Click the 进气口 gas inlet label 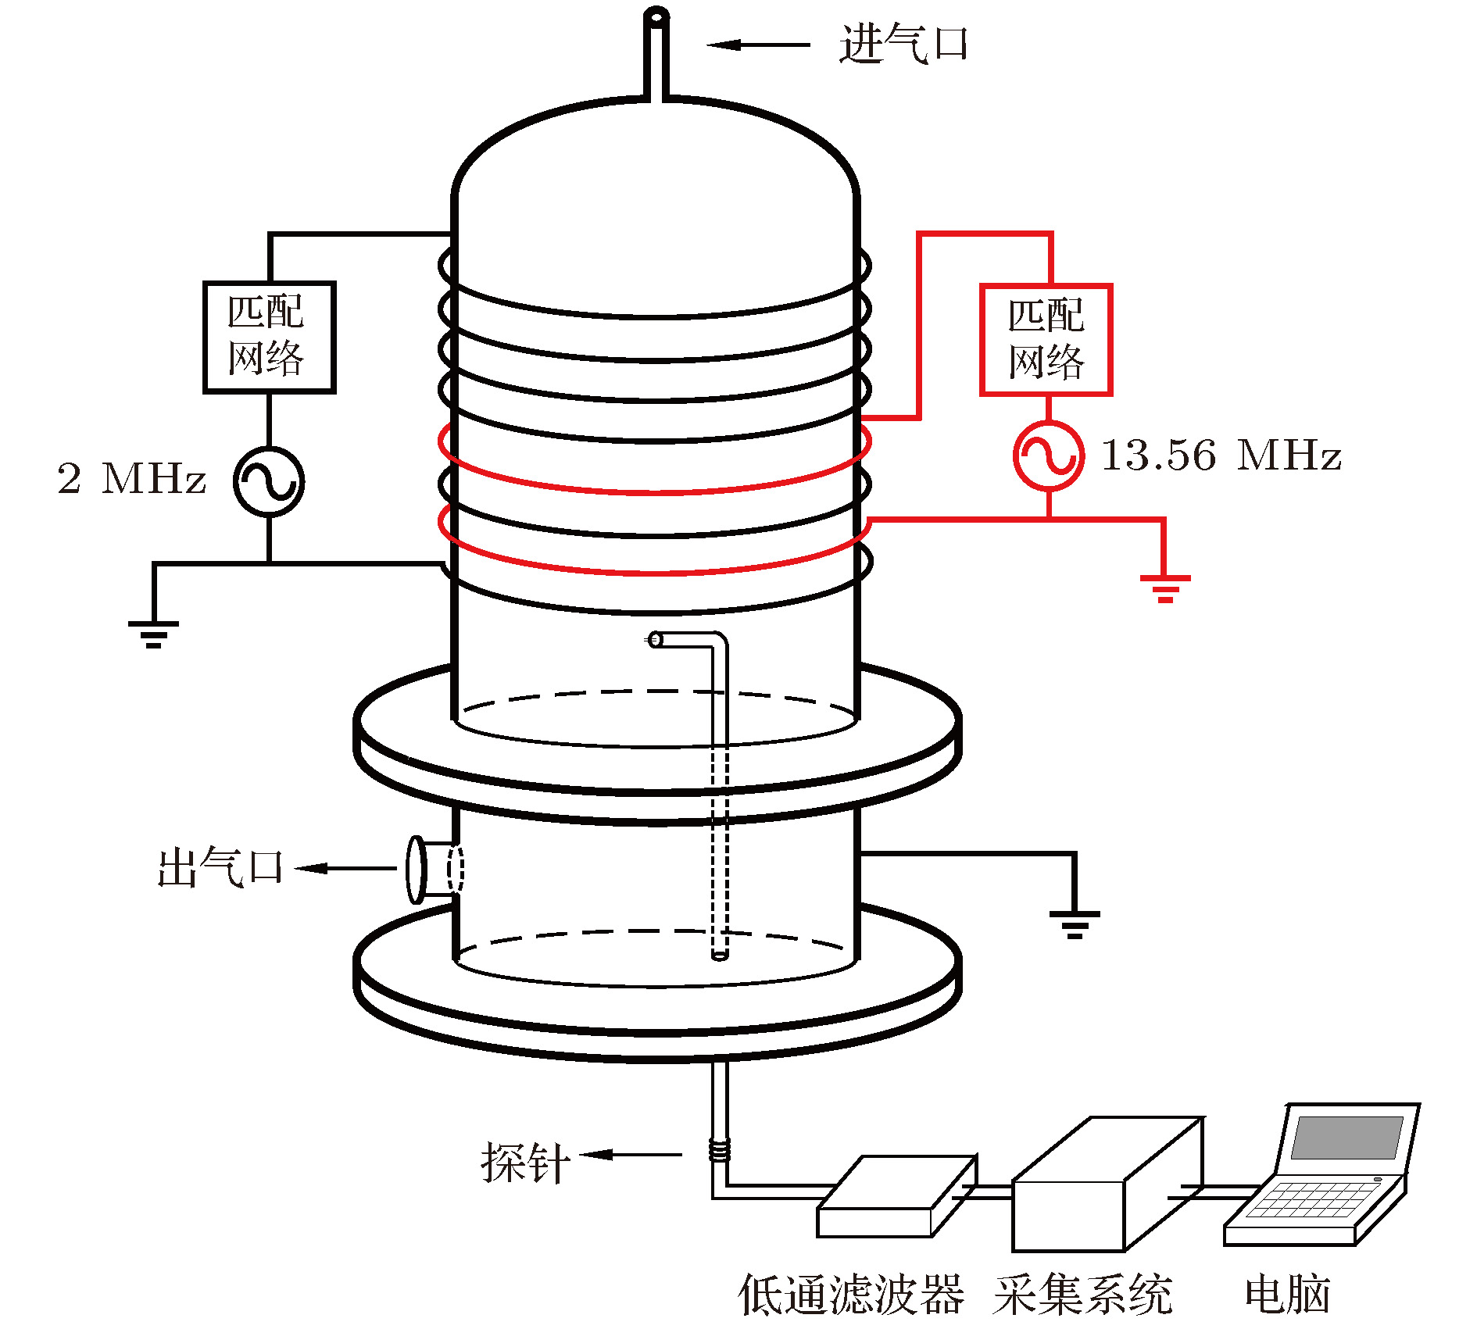903,44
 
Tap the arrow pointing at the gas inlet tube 758,45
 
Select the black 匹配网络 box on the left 269,337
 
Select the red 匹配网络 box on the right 1046,340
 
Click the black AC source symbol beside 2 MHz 269,481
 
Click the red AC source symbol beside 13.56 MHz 1049,456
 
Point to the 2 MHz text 131,478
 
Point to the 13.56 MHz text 1221,456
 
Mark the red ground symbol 1164,588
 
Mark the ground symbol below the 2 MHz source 154,634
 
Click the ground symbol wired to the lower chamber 1075,924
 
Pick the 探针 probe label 524,1163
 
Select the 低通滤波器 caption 850,1295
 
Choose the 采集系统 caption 1083,1295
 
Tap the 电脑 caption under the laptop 1287,1295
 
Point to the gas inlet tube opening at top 656,16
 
